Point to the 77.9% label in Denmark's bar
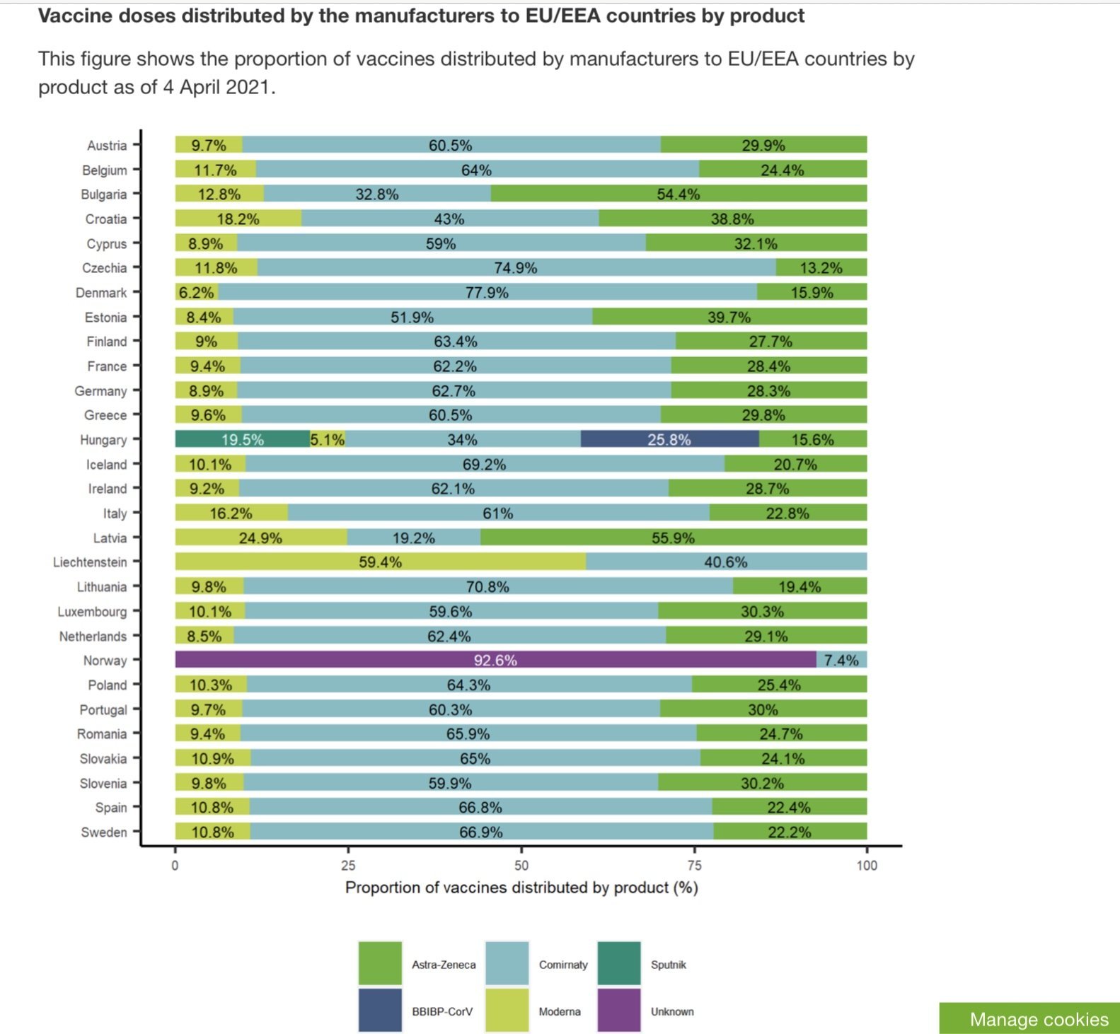[487, 293]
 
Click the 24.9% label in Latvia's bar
[260, 538]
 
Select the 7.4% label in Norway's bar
[841, 661]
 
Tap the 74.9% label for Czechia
[516, 268]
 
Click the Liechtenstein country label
[90, 562]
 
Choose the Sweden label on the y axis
[104, 832]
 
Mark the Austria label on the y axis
[107, 146]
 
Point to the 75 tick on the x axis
[694, 865]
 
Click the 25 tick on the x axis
[348, 865]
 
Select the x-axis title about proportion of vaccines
[521, 888]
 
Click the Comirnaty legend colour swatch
[507, 963]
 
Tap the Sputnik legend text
[669, 965]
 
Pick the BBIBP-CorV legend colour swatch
[380, 1011]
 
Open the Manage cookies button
[1039, 1019]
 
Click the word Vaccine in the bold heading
[75, 16]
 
